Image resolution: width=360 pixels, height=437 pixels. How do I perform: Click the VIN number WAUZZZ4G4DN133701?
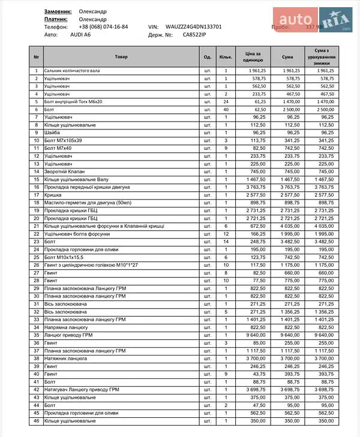[194, 27]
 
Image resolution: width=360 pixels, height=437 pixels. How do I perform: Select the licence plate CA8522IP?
[194, 35]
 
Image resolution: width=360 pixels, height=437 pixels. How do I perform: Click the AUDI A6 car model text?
[80, 35]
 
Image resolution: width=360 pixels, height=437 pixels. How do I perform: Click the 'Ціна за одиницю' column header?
[253, 57]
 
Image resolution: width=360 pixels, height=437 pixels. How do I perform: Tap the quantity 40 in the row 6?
[226, 110]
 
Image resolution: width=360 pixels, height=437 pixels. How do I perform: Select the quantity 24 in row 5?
[226, 102]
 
